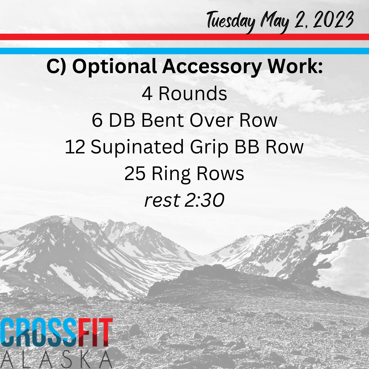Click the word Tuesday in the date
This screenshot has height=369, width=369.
[x=231, y=22]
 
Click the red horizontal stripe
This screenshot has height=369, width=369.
[x=184, y=37]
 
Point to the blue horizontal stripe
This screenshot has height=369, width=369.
[x=184, y=51]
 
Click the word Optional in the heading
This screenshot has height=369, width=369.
[x=114, y=67]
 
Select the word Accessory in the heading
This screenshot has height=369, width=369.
[x=212, y=67]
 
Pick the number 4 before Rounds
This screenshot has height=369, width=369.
[x=147, y=94]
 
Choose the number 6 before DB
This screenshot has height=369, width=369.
[x=97, y=121]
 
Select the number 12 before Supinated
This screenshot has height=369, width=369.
[x=75, y=147]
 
